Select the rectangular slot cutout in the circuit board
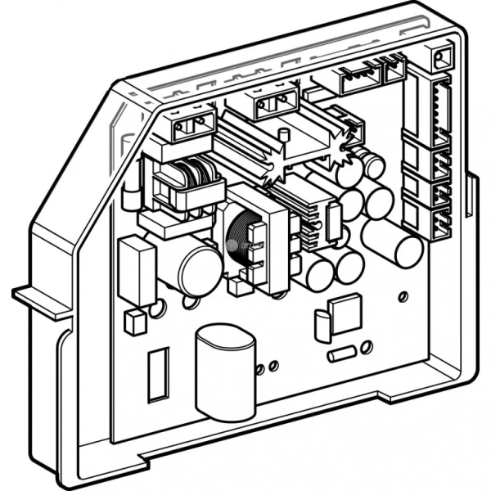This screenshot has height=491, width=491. tap(158, 374)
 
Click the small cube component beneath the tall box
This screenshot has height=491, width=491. tap(136, 322)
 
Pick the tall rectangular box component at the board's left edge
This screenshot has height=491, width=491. tap(137, 271)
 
